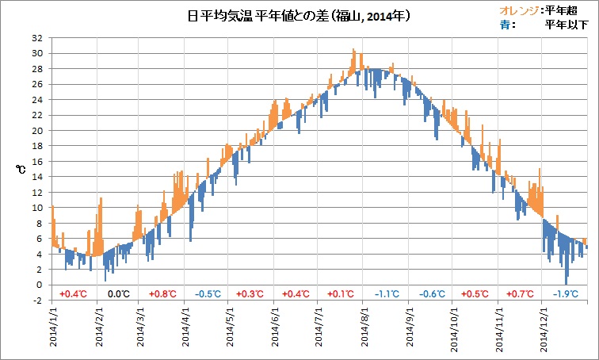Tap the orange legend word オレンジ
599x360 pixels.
pyautogui.click(x=517, y=10)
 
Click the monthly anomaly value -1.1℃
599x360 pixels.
pyautogui.click(x=387, y=294)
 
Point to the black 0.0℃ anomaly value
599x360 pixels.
pyautogui.click(x=118, y=294)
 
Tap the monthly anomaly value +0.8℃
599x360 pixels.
pyautogui.click(x=163, y=294)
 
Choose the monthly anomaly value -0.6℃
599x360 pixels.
pyautogui.click(x=432, y=294)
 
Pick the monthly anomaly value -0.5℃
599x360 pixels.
pyautogui.click(x=208, y=294)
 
